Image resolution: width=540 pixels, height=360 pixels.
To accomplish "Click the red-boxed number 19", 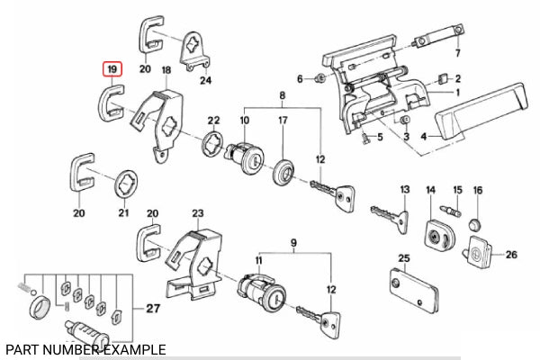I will (112, 68).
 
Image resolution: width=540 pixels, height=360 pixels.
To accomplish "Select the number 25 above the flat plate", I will (403, 259).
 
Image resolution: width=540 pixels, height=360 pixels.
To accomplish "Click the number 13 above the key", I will (405, 189).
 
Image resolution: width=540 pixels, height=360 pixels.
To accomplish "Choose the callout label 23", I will (198, 213).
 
